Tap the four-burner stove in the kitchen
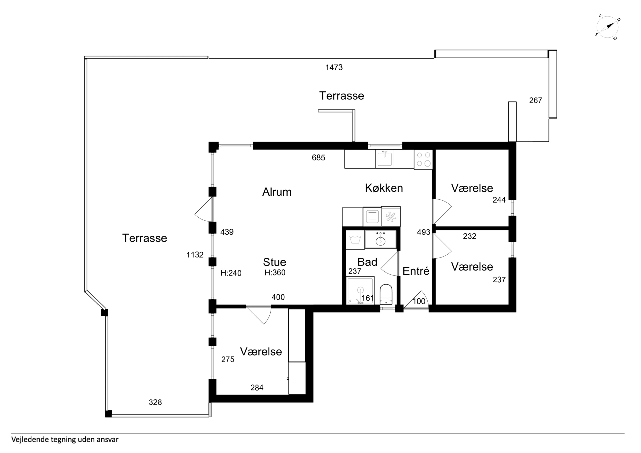[x=423, y=159]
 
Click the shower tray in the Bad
[x=360, y=290]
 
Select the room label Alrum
[x=277, y=192]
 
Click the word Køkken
[x=384, y=188]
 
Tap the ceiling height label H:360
[x=275, y=273]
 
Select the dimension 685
[x=319, y=158]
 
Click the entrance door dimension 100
[x=419, y=301]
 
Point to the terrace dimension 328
[x=155, y=402]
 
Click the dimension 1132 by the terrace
[x=195, y=255]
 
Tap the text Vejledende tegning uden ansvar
[x=65, y=440]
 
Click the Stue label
[x=275, y=262]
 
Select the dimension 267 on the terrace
[x=535, y=100]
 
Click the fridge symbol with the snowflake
[x=391, y=217]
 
